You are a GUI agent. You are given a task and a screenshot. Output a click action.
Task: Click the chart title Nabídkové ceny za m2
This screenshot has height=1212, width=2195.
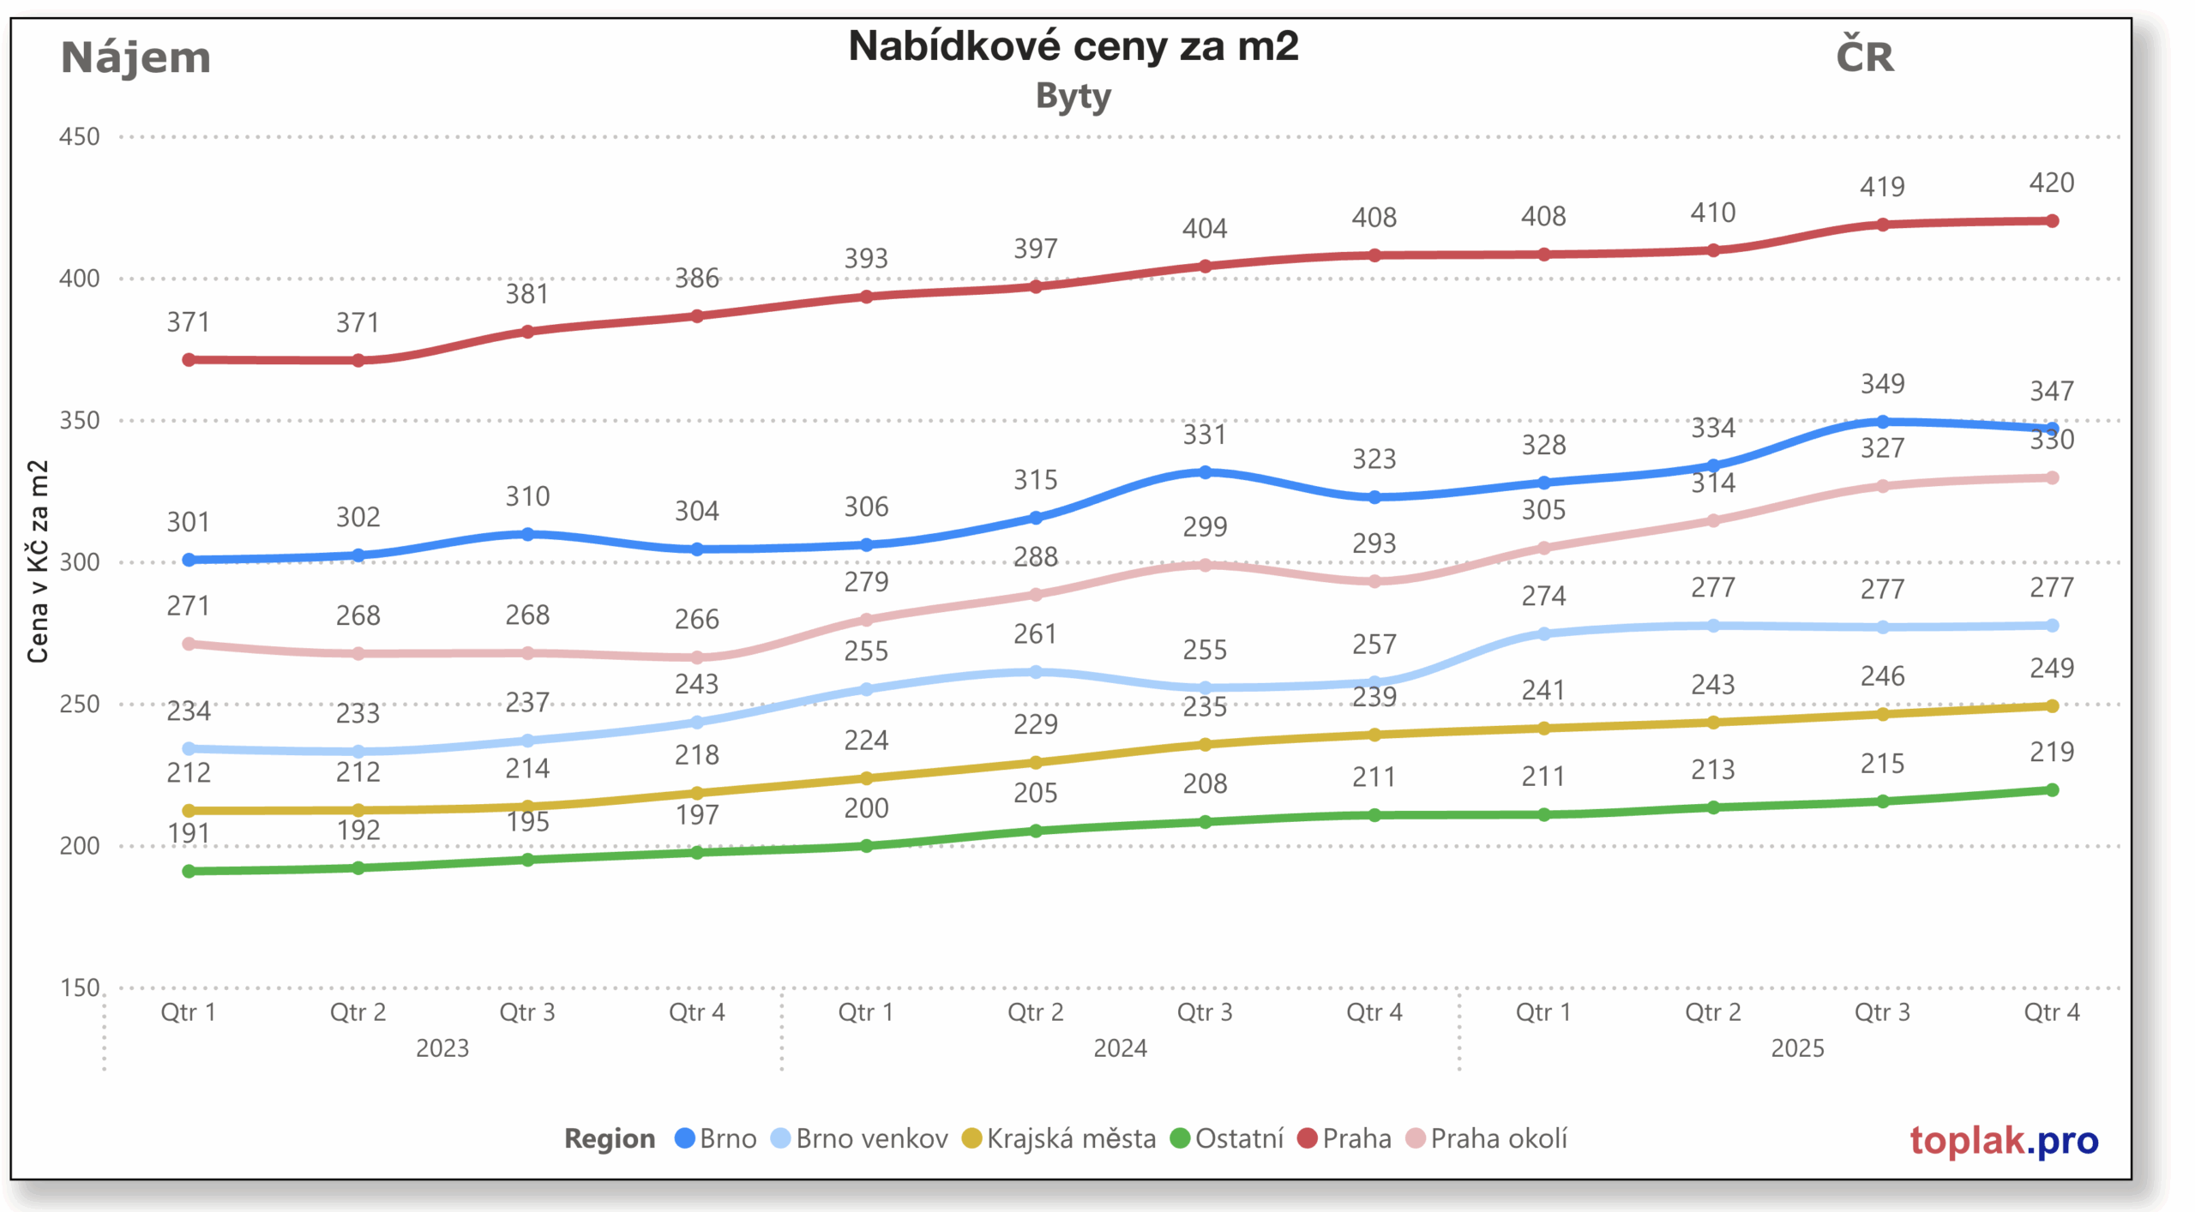[1073, 46]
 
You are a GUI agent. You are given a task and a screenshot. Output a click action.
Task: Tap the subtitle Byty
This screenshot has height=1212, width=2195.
[1073, 96]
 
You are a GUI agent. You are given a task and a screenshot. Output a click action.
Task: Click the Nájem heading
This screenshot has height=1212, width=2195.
[135, 58]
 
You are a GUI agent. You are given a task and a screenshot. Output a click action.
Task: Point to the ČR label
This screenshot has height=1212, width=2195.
[1864, 57]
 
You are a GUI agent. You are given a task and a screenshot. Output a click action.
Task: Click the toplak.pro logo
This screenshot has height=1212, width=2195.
[2003, 1140]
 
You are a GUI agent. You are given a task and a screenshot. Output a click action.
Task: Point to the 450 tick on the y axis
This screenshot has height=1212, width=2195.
[79, 137]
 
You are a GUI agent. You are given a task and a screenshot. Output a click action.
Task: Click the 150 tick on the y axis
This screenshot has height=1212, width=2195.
[79, 987]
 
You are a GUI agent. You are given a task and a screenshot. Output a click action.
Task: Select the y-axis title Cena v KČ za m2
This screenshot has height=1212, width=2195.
[38, 561]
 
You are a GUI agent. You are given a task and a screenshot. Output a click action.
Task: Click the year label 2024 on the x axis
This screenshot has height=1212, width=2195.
[1120, 1047]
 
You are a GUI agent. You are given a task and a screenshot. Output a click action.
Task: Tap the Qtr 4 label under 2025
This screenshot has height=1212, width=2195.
[2051, 1012]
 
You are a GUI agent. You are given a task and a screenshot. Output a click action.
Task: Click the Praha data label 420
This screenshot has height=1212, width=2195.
[2051, 183]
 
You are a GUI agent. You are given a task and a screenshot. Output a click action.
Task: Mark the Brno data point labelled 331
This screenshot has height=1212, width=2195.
[1205, 472]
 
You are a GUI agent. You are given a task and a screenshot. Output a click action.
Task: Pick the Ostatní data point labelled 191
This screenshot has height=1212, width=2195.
[189, 871]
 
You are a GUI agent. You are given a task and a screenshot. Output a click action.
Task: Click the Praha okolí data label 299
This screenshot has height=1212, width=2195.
[1205, 526]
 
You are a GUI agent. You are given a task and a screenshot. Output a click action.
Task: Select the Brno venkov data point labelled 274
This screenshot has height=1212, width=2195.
[1543, 634]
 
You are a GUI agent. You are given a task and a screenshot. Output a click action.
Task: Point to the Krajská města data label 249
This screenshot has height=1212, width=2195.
[2051, 668]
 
